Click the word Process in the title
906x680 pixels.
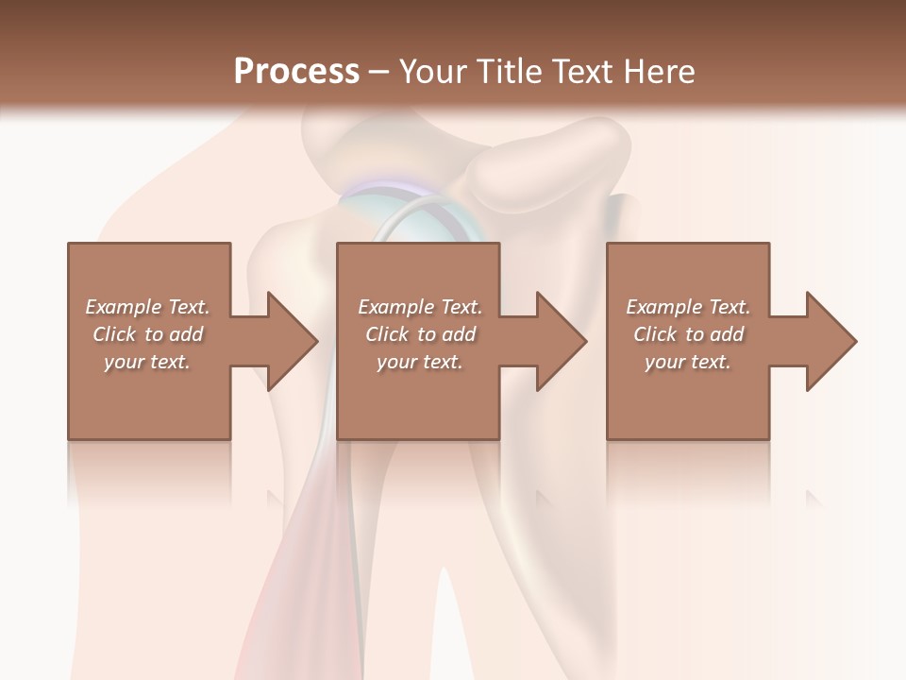(x=296, y=72)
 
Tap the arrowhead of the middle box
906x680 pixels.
(x=561, y=341)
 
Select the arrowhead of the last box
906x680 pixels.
(x=830, y=341)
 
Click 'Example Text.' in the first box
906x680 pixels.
(x=147, y=307)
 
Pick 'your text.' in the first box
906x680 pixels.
(x=147, y=362)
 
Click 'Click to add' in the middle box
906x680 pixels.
(x=420, y=334)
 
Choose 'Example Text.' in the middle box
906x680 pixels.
(x=420, y=307)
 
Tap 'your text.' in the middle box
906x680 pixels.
(x=420, y=362)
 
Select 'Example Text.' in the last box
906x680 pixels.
(x=688, y=307)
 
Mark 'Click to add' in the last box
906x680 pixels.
(x=688, y=334)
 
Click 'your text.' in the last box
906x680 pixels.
(x=688, y=362)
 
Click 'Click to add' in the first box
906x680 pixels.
(x=147, y=334)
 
